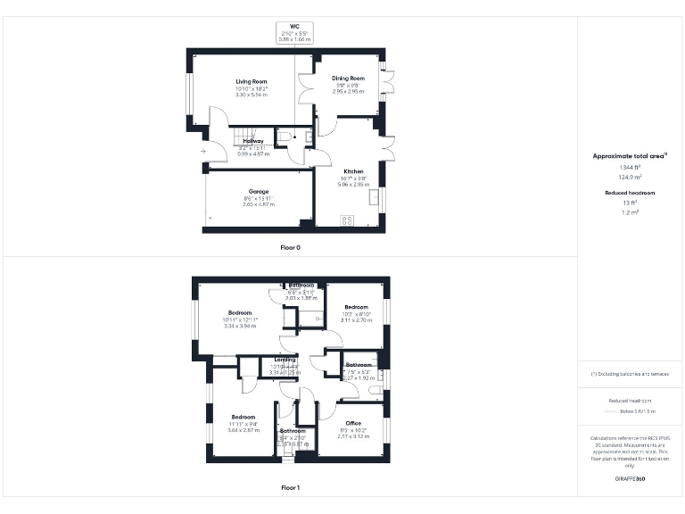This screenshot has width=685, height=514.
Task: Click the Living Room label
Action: coord(252,81)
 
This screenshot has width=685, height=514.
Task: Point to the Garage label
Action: coord(259,192)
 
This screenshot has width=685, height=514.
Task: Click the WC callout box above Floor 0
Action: coord(295,33)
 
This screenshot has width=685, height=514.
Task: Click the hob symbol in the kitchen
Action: coord(347,220)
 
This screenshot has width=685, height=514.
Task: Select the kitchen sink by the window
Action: coord(376,197)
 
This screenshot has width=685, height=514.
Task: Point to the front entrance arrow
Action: coord(203,153)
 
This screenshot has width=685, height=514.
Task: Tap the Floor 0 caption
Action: coord(291,247)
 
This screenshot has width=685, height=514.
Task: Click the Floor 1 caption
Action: coord(291,488)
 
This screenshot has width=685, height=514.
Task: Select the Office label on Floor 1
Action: coord(353,423)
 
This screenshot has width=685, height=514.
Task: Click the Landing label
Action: coord(285,360)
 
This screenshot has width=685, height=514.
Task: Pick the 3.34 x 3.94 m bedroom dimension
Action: coord(240,327)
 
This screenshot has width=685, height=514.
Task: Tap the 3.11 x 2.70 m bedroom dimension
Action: coord(357,319)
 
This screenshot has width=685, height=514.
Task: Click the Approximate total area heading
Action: coord(630,155)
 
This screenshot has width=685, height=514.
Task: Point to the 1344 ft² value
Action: coord(630,167)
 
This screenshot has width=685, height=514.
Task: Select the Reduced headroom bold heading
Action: coord(630,193)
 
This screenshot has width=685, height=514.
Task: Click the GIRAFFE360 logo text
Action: coord(630,479)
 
